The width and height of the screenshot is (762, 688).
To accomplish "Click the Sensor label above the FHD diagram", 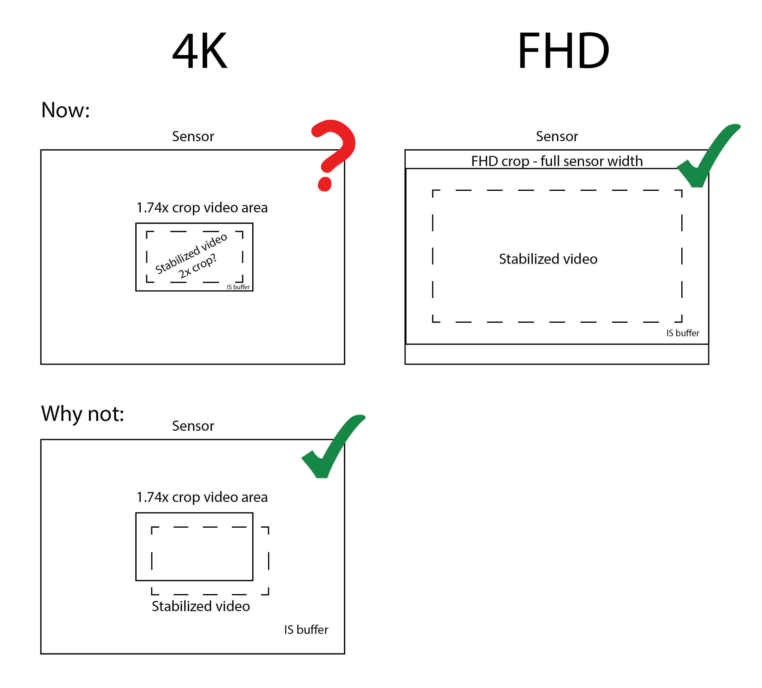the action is click(557, 136).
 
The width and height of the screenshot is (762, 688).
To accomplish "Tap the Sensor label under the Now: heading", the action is click(193, 136).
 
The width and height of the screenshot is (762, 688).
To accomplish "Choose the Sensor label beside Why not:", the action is click(193, 426).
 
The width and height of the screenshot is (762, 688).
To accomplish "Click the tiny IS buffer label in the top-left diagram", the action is click(238, 287).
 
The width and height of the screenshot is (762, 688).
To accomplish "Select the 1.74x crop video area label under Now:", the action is click(202, 208).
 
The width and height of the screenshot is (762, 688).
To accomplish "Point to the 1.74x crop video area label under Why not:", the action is click(202, 497).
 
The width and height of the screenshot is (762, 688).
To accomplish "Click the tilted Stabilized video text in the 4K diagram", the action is click(191, 254).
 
